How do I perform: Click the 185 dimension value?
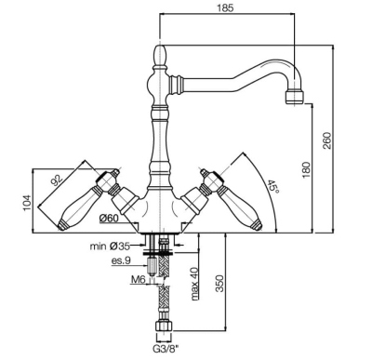coord(225,7)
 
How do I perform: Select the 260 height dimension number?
coord(327,140)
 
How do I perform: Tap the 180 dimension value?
coord(306,170)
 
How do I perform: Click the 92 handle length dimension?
coord(57,180)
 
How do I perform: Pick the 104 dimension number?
coord(28,203)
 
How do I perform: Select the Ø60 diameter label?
coord(109,219)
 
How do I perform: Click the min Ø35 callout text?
coord(110,247)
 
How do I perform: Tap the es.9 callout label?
coord(121,261)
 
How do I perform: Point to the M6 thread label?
coord(139,280)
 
